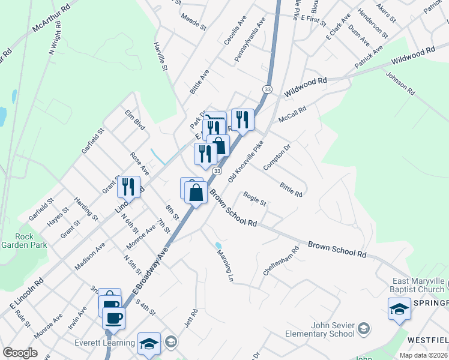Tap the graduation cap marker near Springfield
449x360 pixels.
(399, 309)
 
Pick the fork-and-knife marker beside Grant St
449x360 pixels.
(128, 187)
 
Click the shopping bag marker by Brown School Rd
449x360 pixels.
(196, 193)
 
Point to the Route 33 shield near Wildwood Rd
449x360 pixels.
(267, 89)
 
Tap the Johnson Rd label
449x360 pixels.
(400, 85)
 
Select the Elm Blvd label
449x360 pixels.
(136, 119)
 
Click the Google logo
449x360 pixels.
(20, 353)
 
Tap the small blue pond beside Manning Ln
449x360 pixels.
(218, 245)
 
